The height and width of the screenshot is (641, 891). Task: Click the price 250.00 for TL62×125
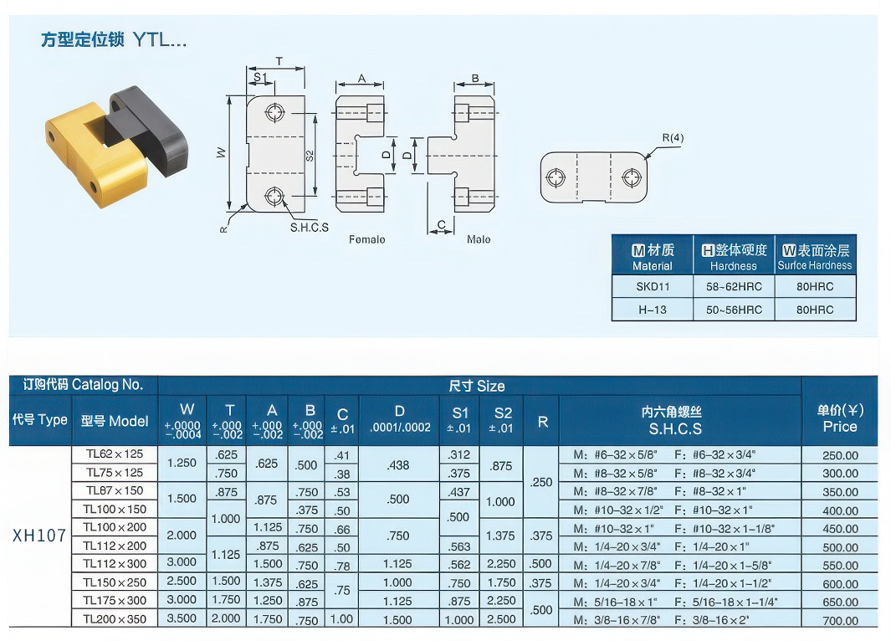pos(840,455)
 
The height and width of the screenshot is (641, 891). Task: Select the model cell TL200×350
pos(115,619)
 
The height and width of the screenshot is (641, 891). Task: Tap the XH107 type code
pos(39,536)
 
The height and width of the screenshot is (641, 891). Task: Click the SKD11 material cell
pos(653,286)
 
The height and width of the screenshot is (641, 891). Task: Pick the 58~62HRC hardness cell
pos(734,286)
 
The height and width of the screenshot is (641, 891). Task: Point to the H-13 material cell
pos(653,310)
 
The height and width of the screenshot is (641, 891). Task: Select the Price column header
pos(840,418)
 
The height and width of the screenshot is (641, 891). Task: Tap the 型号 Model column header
pos(115,421)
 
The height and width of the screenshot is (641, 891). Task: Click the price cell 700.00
pos(840,621)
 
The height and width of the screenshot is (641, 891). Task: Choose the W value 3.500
pos(182,618)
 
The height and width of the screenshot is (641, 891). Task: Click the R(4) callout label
pos(673,137)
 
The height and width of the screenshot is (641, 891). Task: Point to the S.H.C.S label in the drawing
pos(309,228)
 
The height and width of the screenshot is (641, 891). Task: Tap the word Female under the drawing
pos(367,240)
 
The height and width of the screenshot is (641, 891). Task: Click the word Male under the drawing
pos(479,240)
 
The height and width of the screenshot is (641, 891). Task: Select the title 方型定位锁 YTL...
pos(114,40)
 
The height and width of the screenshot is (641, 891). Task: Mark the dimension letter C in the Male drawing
pos(442,224)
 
